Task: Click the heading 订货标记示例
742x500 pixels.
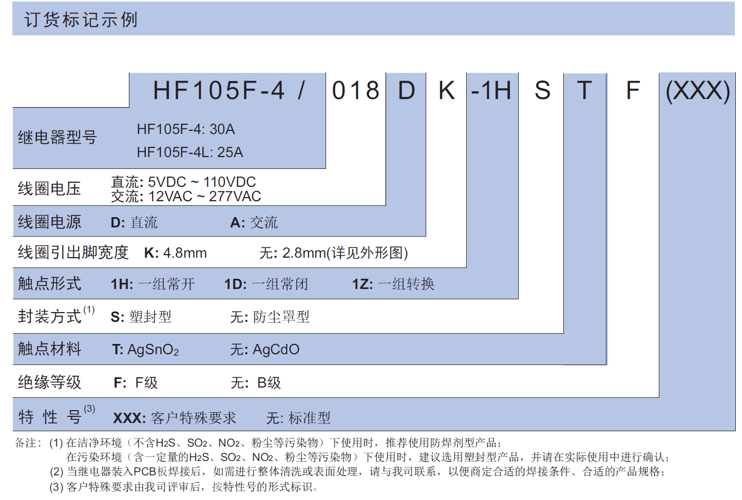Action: [81, 20]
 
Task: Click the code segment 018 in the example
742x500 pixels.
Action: [356, 90]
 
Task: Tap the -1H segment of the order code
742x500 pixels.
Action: [491, 90]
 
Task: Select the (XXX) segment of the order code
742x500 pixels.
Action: [698, 91]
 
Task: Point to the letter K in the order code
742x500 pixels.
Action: [447, 90]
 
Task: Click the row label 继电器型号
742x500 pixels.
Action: [58, 137]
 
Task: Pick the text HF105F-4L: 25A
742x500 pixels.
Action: [190, 152]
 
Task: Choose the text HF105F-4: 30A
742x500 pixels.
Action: [186, 129]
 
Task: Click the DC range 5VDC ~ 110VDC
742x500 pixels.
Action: [202, 182]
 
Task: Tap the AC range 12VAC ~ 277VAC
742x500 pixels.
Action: [204, 197]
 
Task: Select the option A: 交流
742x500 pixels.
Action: [254, 222]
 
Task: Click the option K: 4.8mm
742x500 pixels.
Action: [176, 253]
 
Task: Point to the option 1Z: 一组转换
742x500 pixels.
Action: [393, 284]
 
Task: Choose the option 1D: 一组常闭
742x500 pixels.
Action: [267, 284]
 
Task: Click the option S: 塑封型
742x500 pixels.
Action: [141, 317]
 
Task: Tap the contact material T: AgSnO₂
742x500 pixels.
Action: [145, 350]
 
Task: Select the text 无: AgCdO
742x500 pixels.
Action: [265, 350]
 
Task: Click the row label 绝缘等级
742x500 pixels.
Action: [49, 382]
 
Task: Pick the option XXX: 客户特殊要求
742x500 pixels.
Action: [175, 418]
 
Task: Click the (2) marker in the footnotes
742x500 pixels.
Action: [56, 472]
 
